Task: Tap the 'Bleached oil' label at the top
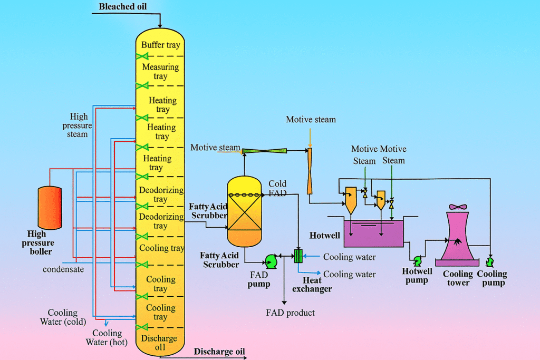(123, 6)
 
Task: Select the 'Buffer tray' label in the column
(161, 45)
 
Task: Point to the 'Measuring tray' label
(160, 72)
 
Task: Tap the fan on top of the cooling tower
(457, 207)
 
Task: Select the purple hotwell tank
(373, 233)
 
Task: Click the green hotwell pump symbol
(417, 261)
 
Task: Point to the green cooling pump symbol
(490, 261)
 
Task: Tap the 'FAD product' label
(290, 313)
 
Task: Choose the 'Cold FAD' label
(277, 188)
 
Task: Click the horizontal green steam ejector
(264, 151)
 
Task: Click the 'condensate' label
(63, 269)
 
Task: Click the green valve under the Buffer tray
(141, 55)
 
